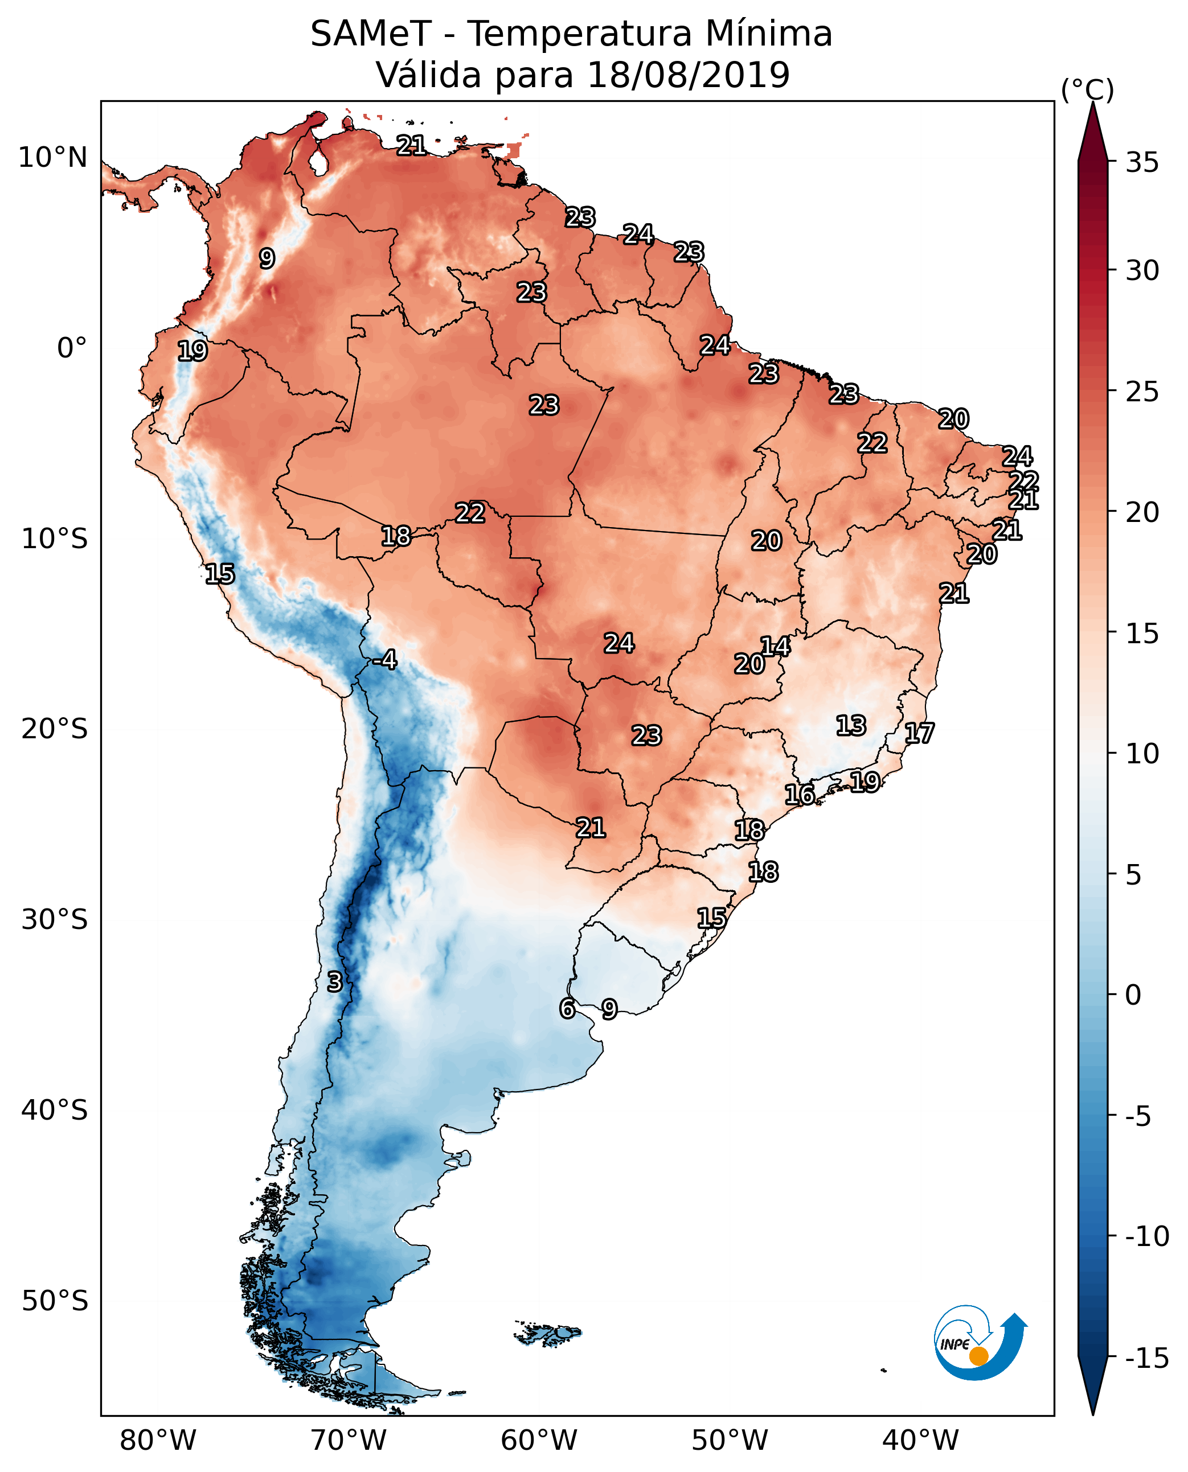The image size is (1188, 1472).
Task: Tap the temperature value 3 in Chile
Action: click(x=334, y=981)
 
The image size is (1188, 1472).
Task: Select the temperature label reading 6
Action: click(x=567, y=1008)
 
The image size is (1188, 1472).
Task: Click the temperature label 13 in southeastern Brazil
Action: click(x=851, y=725)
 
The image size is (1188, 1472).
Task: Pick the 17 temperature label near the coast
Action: click(x=919, y=733)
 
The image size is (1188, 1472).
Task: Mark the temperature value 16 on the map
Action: click(x=799, y=794)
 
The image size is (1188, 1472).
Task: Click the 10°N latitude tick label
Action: click(x=53, y=158)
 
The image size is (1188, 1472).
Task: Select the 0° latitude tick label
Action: click(x=72, y=348)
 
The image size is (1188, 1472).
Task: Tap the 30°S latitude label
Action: click(x=55, y=919)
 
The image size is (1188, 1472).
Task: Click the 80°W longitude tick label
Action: click(x=158, y=1440)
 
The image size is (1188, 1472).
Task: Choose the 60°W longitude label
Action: click(x=539, y=1440)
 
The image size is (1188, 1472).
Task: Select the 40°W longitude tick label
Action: click(x=920, y=1440)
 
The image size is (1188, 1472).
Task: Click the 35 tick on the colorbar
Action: click(x=1142, y=163)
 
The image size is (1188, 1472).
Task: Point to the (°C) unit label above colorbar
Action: click(x=1087, y=89)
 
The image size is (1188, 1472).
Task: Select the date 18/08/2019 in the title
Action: click(x=689, y=75)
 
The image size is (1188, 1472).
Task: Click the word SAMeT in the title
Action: click(x=371, y=34)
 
